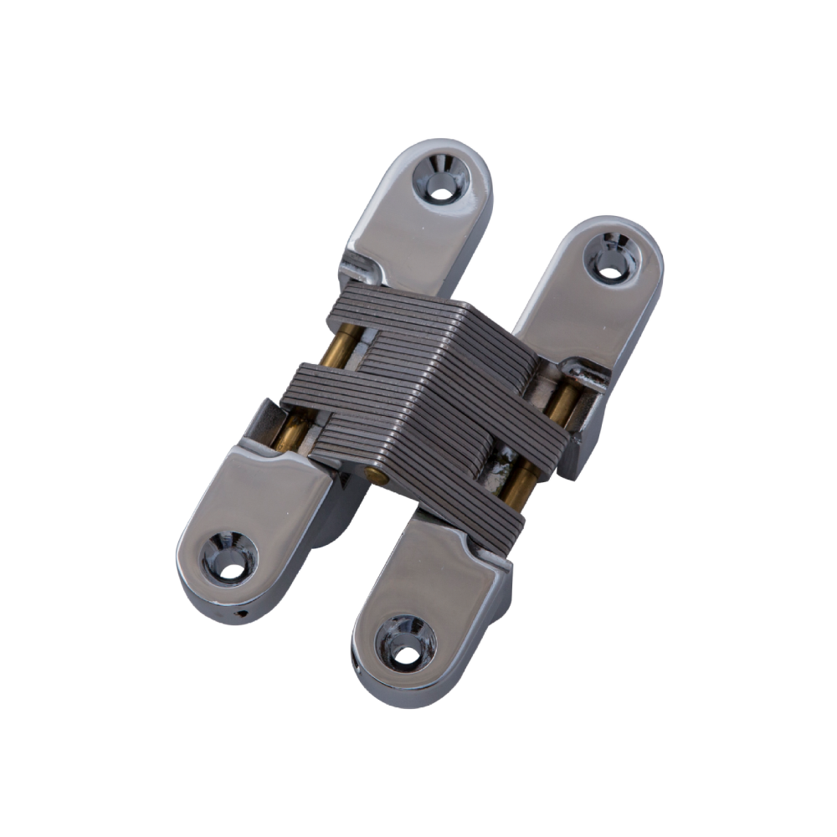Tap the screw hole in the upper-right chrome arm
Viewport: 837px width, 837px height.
tap(611, 257)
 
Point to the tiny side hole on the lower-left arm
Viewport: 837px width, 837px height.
tap(241, 614)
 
